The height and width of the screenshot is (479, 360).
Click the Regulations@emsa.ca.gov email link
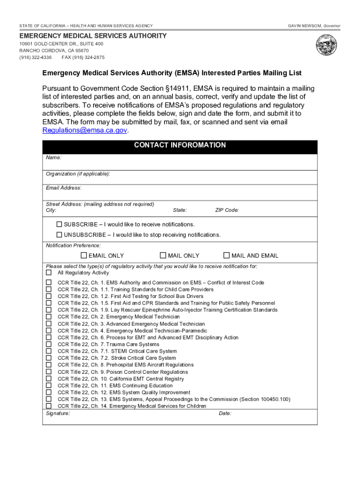pos(85,131)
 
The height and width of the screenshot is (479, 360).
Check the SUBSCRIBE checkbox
pos(59,225)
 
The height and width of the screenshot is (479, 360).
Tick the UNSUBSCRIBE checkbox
pos(59,234)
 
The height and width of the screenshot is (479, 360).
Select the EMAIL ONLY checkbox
pos(84,255)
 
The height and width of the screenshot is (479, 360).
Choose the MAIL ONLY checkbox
pos(163,255)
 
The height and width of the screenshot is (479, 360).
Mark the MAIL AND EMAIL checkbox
pos(227,255)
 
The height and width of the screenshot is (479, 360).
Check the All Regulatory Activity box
pos(49,273)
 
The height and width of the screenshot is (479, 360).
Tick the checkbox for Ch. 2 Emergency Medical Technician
pos(49,317)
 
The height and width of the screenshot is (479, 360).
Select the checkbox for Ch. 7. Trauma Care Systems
pos(49,344)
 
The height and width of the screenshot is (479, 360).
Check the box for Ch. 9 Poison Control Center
pos(49,372)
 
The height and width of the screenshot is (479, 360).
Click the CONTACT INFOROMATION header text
pos(180,145)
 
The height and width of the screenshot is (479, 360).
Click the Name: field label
pos(53,158)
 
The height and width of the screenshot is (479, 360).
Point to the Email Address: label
pos(64,188)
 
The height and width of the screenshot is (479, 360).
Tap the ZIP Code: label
pos(227,210)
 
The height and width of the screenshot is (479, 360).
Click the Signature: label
pos(58,414)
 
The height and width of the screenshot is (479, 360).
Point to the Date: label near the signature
pos(225,414)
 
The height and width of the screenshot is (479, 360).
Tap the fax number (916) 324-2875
pos(83,58)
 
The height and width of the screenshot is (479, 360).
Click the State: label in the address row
pos(180,210)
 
